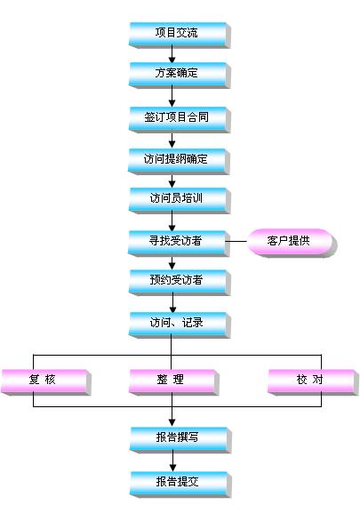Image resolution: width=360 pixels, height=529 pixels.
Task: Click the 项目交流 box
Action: [180, 35]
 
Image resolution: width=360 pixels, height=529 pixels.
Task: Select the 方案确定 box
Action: [180, 75]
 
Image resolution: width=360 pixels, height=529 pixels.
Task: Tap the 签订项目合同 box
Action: [180, 119]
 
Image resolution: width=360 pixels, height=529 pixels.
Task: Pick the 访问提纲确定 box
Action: [179, 161]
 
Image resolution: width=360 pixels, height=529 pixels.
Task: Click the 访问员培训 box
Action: [180, 200]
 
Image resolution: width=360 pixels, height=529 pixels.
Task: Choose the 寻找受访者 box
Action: [179, 243]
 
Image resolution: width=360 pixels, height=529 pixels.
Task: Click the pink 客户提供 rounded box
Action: [292, 243]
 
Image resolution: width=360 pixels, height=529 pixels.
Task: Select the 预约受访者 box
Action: [180, 283]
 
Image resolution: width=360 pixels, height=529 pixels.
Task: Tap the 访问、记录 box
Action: [180, 325]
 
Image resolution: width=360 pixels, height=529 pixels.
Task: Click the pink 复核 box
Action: [46, 382]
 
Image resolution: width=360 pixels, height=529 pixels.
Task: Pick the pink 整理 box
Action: [174, 382]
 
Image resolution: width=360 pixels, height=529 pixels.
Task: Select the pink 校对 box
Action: [313, 382]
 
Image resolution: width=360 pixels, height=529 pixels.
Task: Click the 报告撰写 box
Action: [180, 440]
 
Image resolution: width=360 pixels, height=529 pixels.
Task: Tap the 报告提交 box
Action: [180, 485]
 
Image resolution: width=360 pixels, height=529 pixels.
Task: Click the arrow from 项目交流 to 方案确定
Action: [172, 54]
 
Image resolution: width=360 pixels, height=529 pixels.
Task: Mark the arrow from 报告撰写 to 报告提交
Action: [172, 461]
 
